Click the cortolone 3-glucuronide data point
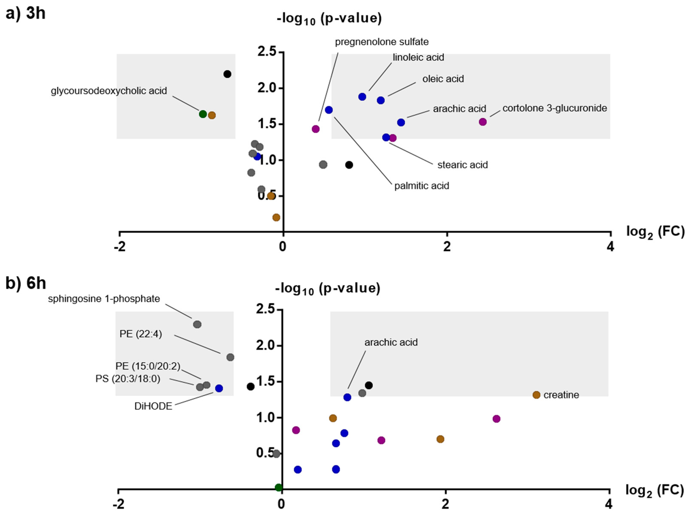(x=482, y=122)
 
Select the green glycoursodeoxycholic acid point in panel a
(x=203, y=114)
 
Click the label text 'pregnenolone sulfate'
(x=382, y=42)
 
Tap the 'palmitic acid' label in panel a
(x=421, y=186)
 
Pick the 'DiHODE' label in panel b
(x=153, y=406)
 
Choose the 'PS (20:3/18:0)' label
(x=128, y=379)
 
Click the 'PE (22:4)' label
(x=141, y=334)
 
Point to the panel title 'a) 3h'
(x=25, y=13)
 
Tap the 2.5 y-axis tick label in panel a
(x=267, y=52)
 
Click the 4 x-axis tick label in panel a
(x=610, y=247)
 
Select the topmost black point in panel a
(x=227, y=74)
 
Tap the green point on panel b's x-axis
(x=279, y=488)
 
